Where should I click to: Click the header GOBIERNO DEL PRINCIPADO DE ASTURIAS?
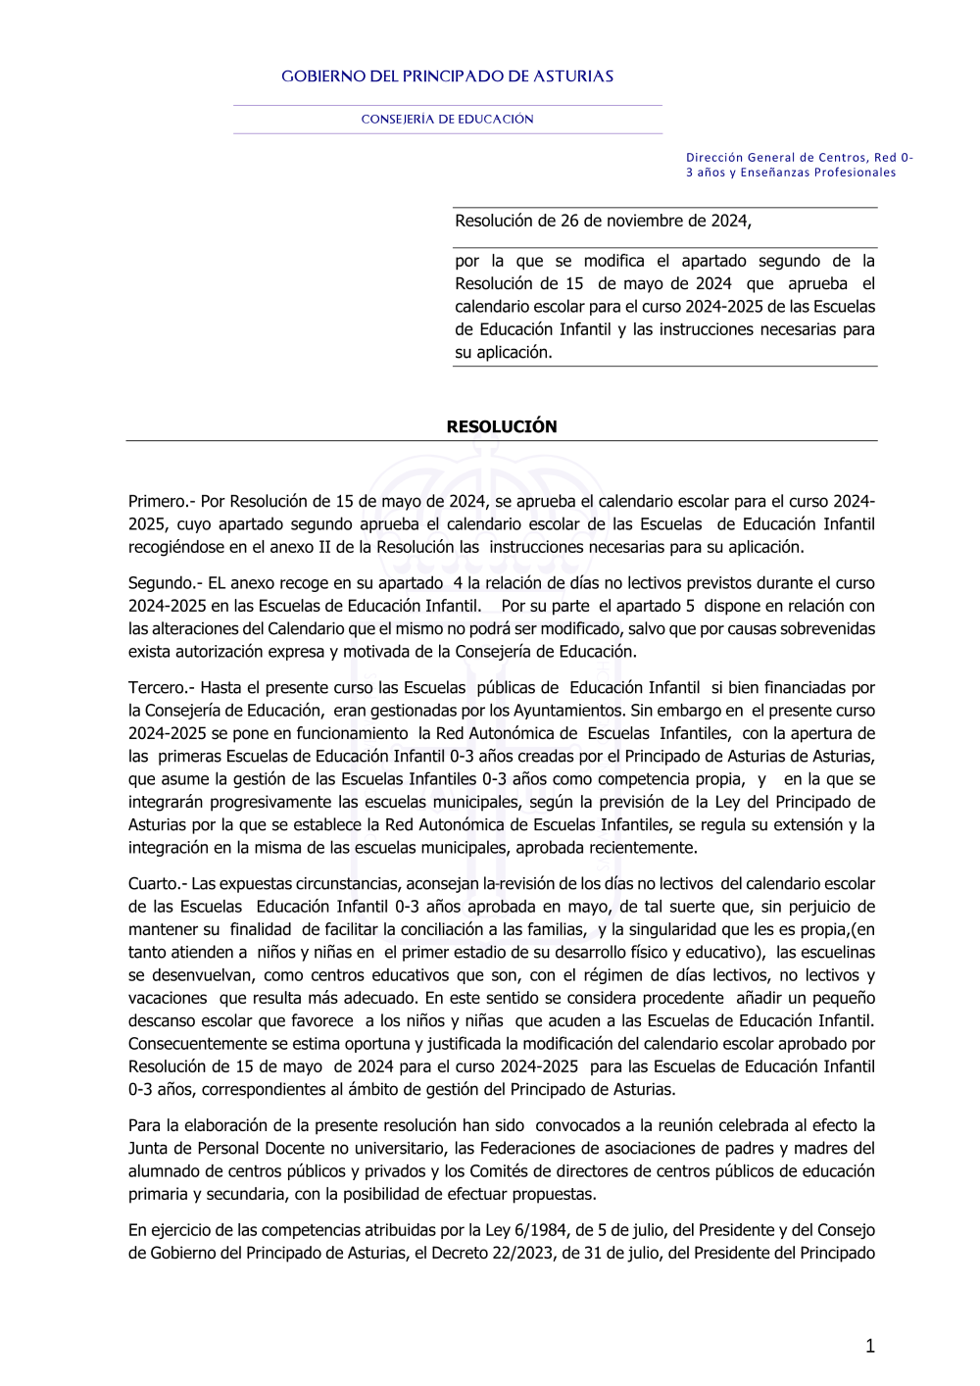pyautogui.click(x=447, y=76)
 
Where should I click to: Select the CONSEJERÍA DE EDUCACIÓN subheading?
pyautogui.click(x=447, y=120)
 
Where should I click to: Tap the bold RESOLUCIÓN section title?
pyautogui.click(x=501, y=426)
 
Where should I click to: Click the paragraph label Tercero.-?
pyautogui.click(x=162, y=688)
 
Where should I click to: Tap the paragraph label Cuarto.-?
pyautogui.click(x=157, y=884)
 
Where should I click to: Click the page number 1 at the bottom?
pyautogui.click(x=869, y=1347)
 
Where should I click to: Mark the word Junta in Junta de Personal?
pyautogui.click(x=149, y=1149)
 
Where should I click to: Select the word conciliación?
pyautogui.click(x=471, y=929)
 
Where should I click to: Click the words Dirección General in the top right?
pyautogui.click(x=735, y=157)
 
